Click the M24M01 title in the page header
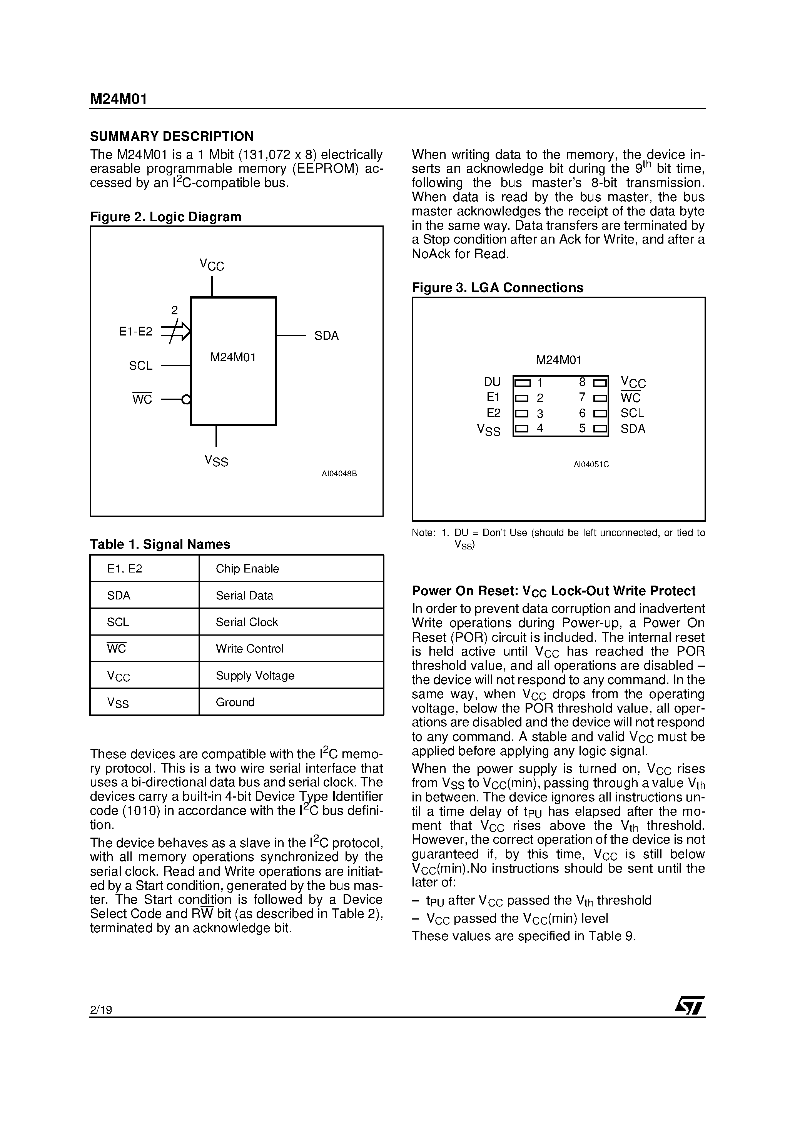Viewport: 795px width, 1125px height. tap(118, 100)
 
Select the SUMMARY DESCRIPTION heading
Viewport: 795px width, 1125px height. tap(172, 136)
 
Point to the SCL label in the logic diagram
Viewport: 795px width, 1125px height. tap(141, 366)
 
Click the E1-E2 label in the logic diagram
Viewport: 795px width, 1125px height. tap(136, 332)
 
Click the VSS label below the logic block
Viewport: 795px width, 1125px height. tap(216, 461)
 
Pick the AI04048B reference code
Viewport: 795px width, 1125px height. tap(339, 474)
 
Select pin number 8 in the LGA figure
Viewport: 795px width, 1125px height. tap(582, 382)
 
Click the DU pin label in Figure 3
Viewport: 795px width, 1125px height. tap(492, 382)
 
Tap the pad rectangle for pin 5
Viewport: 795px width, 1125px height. tap(600, 429)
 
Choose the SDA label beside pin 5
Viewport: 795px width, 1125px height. tap(633, 429)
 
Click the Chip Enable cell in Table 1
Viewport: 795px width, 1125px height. tap(247, 569)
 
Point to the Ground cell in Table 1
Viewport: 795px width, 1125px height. tap(235, 702)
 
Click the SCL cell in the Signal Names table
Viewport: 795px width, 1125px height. tap(118, 622)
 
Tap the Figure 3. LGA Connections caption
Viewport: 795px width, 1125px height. tap(497, 288)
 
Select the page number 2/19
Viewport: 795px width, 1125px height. tap(101, 1010)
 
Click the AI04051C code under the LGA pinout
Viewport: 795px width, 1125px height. tap(591, 464)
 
